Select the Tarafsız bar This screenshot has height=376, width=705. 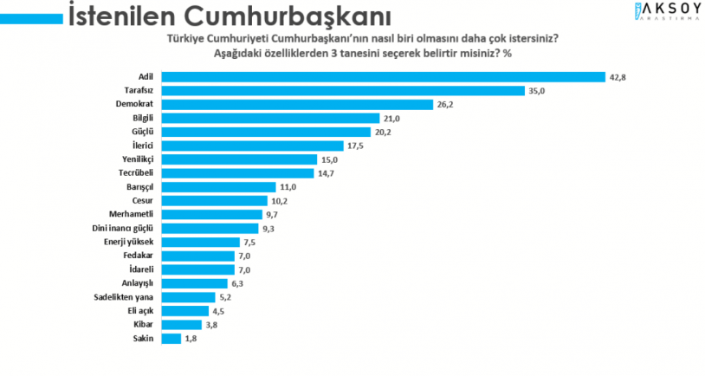343,90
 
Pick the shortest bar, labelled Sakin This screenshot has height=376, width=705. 170,338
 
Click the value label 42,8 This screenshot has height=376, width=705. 617,77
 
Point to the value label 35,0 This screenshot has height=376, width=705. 538,90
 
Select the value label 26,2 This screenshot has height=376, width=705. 445,104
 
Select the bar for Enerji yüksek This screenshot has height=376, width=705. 200,242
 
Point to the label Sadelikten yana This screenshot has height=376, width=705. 123,296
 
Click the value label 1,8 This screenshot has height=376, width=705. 193,338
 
